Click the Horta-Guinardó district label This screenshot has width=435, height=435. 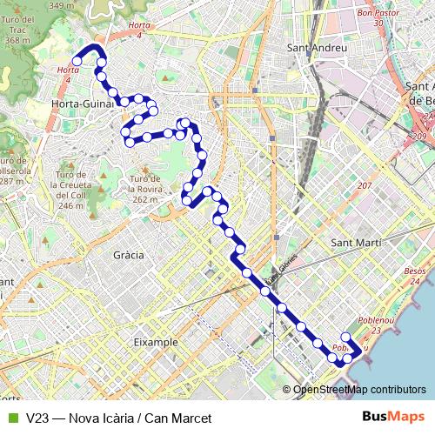[x=85, y=104]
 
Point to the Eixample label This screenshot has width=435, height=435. [x=156, y=343]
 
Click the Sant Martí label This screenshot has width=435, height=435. [x=358, y=243]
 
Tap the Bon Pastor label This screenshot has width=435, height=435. [x=377, y=13]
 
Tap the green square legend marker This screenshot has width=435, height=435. [x=11, y=418]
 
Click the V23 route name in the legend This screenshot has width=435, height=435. [x=37, y=418]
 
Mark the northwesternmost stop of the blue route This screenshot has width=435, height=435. [x=77, y=61]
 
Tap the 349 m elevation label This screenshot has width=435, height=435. [x=61, y=5]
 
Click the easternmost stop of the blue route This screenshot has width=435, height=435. [x=358, y=351]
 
